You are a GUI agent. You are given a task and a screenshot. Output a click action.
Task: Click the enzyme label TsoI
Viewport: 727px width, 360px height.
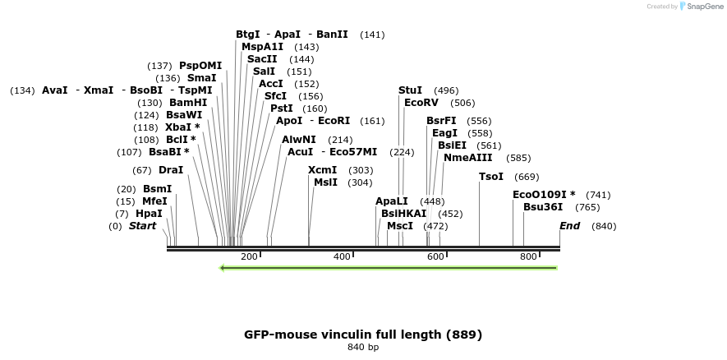[490, 177]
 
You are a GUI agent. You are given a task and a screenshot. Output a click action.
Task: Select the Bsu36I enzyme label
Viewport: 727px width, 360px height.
[543, 207]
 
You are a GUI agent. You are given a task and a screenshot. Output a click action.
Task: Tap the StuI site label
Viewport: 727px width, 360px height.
[410, 90]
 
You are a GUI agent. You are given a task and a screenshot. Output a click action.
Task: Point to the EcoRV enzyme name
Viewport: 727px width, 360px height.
[421, 103]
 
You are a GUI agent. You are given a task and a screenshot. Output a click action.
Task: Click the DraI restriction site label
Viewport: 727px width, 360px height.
[171, 170]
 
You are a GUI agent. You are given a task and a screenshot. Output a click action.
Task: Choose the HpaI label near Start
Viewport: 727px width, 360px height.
[149, 214]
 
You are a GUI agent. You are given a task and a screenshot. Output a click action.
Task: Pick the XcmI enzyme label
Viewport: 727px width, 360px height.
[323, 170]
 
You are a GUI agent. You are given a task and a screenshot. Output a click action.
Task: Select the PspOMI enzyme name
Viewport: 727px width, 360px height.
[200, 66]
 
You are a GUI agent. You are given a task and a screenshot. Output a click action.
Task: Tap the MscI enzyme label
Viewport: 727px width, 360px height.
[400, 226]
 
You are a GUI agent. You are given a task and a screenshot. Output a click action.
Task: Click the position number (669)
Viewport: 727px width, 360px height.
[527, 177]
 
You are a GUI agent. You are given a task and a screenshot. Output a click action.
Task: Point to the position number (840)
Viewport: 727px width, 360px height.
[604, 226]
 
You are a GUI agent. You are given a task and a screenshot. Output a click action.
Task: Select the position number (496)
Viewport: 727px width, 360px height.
[446, 90]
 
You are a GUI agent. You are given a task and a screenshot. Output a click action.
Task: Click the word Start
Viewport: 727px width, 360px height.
[142, 226]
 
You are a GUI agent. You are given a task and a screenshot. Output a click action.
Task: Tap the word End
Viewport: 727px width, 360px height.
[570, 226]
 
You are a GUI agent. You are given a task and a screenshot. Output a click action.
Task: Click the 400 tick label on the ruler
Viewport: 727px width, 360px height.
[342, 257]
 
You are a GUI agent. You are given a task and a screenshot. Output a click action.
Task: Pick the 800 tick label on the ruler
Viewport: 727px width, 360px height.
[528, 257]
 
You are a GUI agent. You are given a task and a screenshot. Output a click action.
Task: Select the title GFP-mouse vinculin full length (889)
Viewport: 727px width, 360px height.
[363, 335]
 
